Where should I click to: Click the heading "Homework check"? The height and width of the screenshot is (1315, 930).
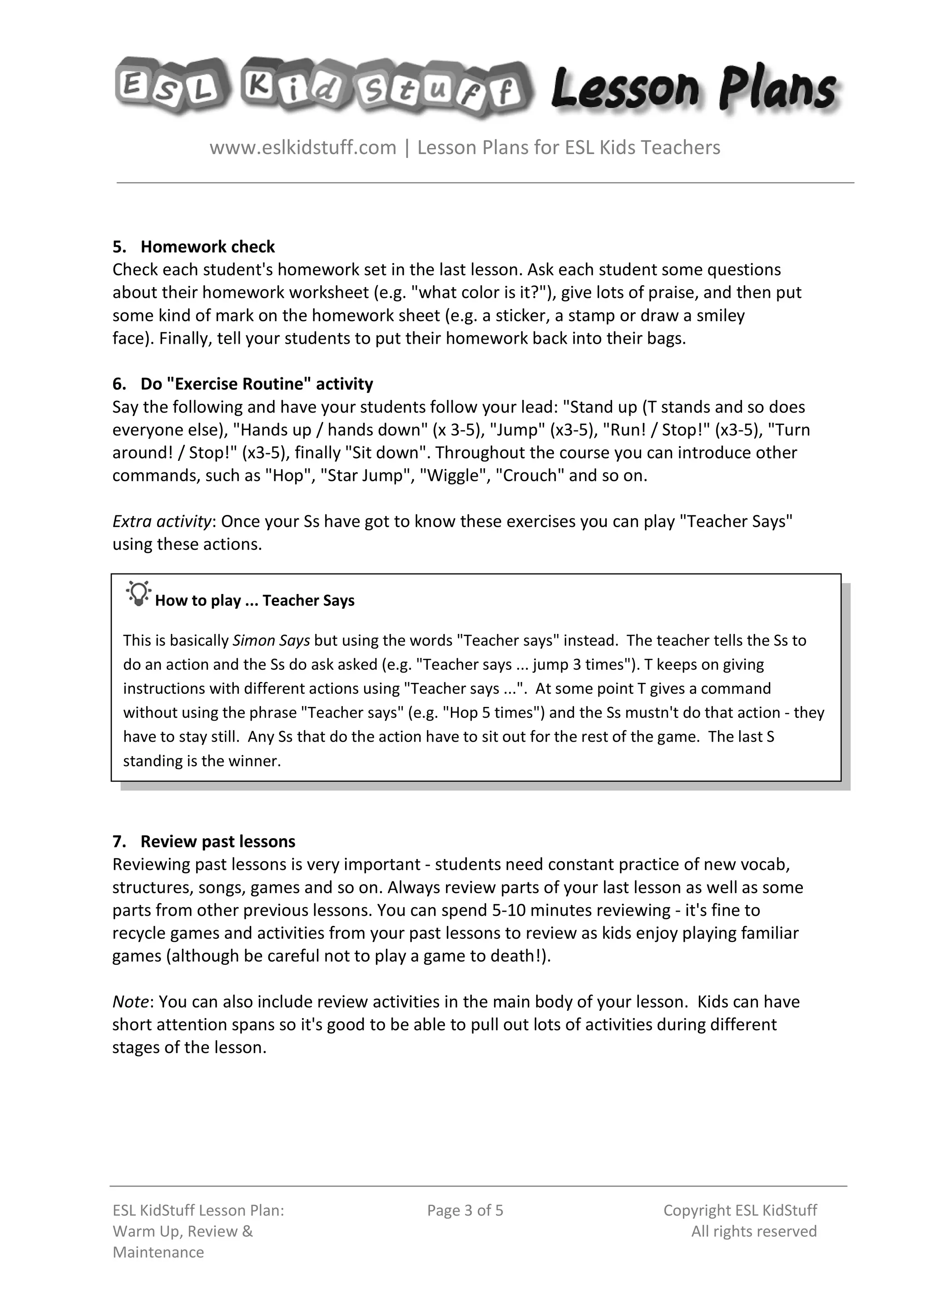pos(208,247)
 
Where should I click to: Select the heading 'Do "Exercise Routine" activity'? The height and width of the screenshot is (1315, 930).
pos(257,384)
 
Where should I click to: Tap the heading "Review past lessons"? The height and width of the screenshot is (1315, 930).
pos(218,841)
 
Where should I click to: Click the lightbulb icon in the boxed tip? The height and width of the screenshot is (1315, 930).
pos(139,594)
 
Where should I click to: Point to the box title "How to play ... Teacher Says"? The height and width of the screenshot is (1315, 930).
pos(254,600)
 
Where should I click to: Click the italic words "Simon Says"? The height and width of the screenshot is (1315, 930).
pos(271,640)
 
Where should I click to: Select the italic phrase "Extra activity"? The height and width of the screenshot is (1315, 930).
pos(162,521)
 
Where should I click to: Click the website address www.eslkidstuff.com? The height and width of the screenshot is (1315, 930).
pos(303,148)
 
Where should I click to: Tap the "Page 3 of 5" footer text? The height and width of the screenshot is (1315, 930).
pos(465,1210)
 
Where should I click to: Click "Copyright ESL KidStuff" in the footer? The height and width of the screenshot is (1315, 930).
pos(740,1210)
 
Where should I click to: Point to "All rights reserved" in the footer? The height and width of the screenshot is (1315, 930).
pos(754,1231)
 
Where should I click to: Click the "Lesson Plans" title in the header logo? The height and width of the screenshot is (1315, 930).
pos(693,89)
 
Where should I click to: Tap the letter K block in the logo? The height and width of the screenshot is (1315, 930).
pos(259,86)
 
